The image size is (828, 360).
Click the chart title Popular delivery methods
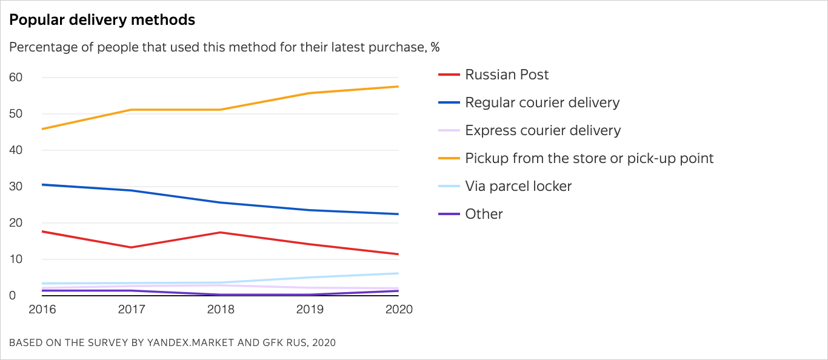pos(102,20)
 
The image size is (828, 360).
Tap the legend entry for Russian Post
pos(507,75)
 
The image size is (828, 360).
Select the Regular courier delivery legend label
pos(542,102)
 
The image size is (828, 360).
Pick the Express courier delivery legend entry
pos(543,130)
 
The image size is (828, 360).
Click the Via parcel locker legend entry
pos(518,186)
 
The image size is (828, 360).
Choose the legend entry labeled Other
pos(484,214)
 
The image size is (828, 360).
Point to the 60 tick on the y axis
pos(16,78)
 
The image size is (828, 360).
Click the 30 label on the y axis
pos(16,187)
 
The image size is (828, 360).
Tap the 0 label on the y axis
pos(12,296)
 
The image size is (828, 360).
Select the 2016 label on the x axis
pos(42,309)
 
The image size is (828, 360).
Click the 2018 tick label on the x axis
pos(221,309)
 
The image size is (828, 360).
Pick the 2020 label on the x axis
pos(398,309)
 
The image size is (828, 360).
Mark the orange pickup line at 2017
pos(131,110)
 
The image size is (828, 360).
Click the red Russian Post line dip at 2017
pos(131,247)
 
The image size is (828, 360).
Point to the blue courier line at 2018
pos(221,202)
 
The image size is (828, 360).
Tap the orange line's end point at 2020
pos(398,87)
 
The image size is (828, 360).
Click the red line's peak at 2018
pos(221,232)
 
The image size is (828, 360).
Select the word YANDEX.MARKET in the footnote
pos(184,342)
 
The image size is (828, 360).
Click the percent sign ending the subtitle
pos(435,47)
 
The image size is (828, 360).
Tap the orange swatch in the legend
pos(449,159)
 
